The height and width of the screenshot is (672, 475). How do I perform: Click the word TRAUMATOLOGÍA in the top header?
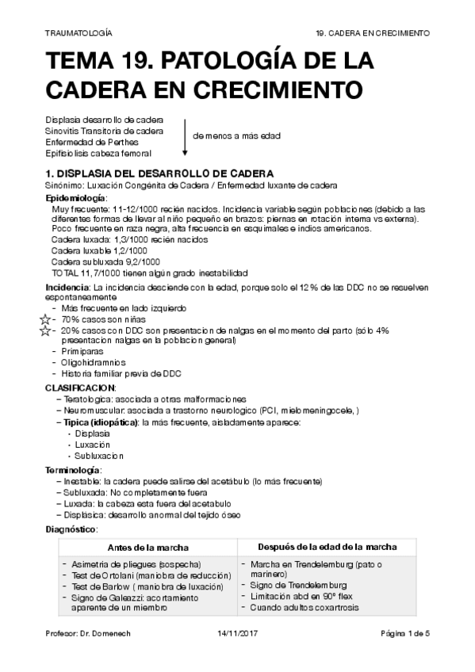point(79,34)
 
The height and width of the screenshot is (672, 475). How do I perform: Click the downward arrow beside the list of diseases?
point(185,136)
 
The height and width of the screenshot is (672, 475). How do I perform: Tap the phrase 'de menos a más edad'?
point(236,136)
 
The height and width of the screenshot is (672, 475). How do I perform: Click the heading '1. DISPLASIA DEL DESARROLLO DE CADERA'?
point(160,173)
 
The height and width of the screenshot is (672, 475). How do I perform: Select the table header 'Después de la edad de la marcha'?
point(328,547)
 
